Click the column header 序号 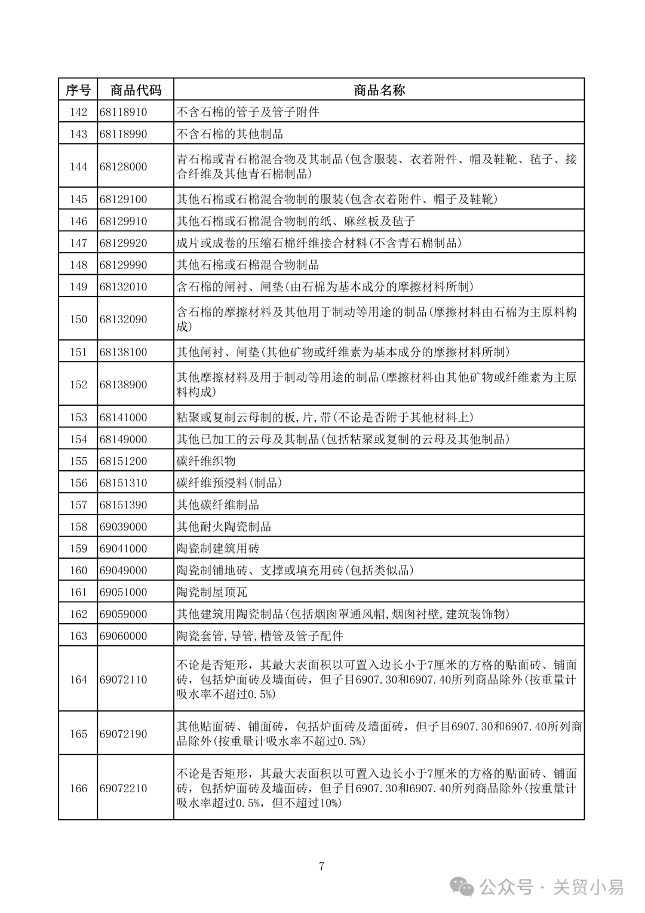pos(78,90)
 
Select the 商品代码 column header pos(136,90)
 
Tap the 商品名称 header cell pos(379,90)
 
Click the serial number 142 pos(78,112)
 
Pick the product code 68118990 pos(123,134)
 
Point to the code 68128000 pos(123,167)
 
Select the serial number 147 pos(78,243)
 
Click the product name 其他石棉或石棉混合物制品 pos(247,265)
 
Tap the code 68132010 pos(123,287)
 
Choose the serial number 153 pos(78,418)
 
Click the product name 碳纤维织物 pos(206,461)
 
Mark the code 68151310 pos(123,483)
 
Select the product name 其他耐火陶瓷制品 pos(224,526)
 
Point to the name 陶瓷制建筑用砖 pos(218,549)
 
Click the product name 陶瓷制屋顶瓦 pos(212,592)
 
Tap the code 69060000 pos(123,636)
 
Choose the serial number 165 pos(78,734)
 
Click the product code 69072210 pos(123,788)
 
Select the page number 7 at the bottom pos(322,866)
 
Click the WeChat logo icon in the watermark pos(463,887)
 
